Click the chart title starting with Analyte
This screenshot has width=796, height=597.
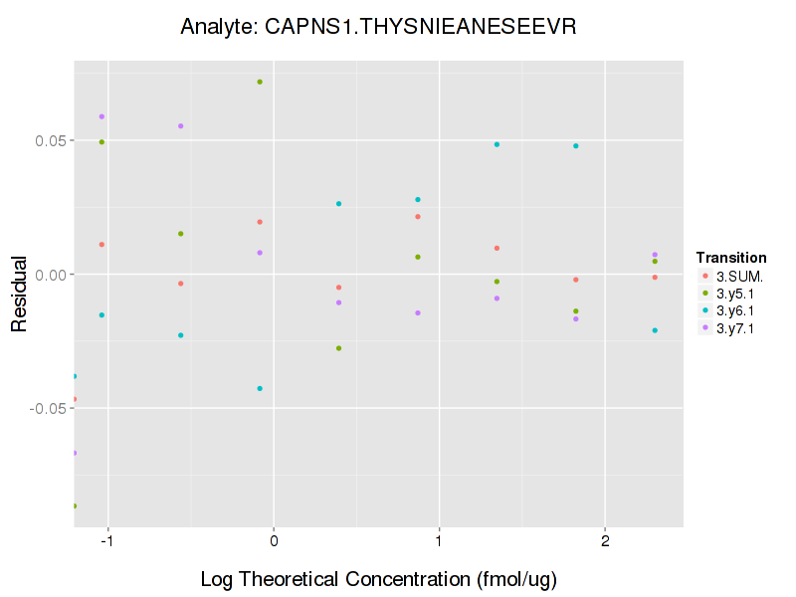coord(378,27)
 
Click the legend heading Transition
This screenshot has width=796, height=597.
coord(731,257)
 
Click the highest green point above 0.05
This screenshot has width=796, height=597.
coord(260,82)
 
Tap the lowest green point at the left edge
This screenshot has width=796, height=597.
coord(75,505)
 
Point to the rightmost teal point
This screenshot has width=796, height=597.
coord(655,330)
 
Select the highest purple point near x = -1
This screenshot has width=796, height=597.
coord(101,116)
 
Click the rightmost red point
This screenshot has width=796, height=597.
coord(655,277)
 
